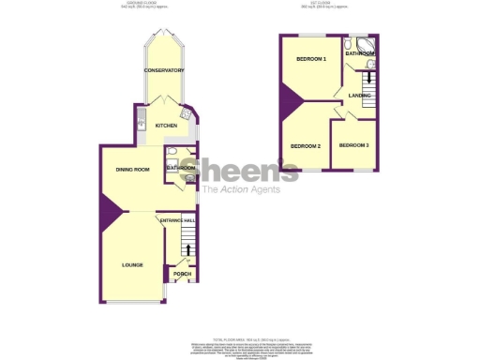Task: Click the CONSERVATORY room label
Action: click(x=163, y=71)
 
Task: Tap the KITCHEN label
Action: click(x=166, y=126)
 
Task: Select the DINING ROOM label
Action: click(x=133, y=169)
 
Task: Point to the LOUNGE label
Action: click(x=132, y=265)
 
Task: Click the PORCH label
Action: click(x=182, y=274)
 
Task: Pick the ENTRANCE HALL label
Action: click(x=178, y=220)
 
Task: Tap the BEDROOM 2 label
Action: click(x=306, y=146)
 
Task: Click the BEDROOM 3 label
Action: click(x=354, y=145)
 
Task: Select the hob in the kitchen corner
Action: click(x=187, y=113)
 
